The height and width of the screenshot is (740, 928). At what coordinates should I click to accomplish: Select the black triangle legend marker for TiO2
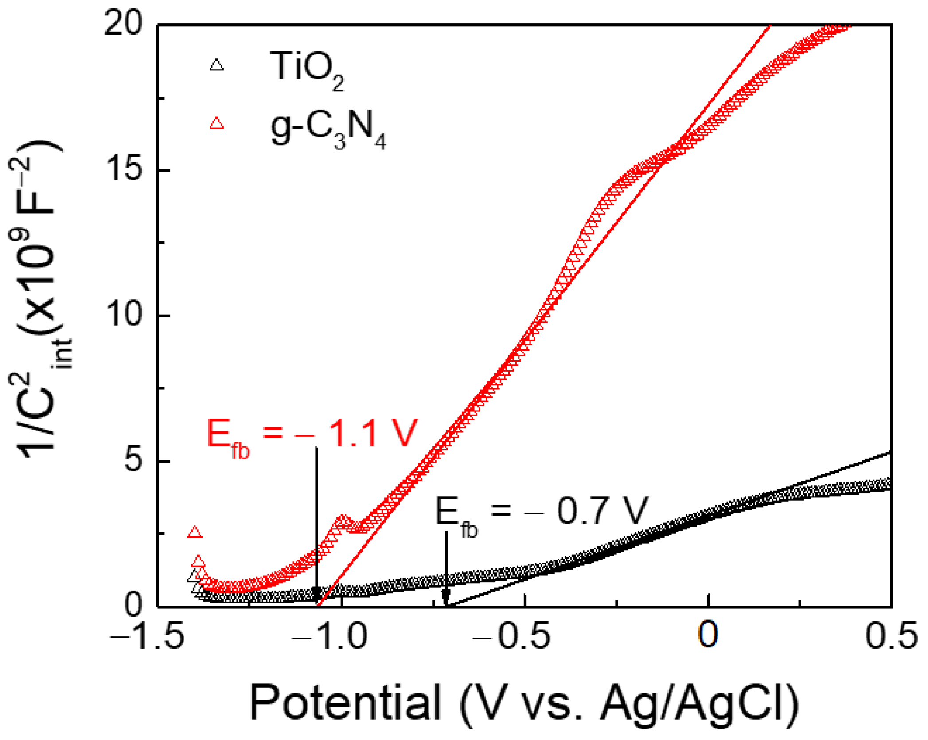pos(216,66)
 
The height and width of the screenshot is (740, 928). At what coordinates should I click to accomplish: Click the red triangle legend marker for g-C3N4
pos(216,123)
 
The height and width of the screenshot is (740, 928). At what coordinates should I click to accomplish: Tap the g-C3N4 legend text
pos(328,129)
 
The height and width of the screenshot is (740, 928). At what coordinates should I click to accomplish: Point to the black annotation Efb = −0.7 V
pos(541,514)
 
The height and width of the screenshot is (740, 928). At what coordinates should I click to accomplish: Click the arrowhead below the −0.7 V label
pos(446,597)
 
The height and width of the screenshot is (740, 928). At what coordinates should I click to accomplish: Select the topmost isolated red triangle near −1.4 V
pos(195,532)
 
